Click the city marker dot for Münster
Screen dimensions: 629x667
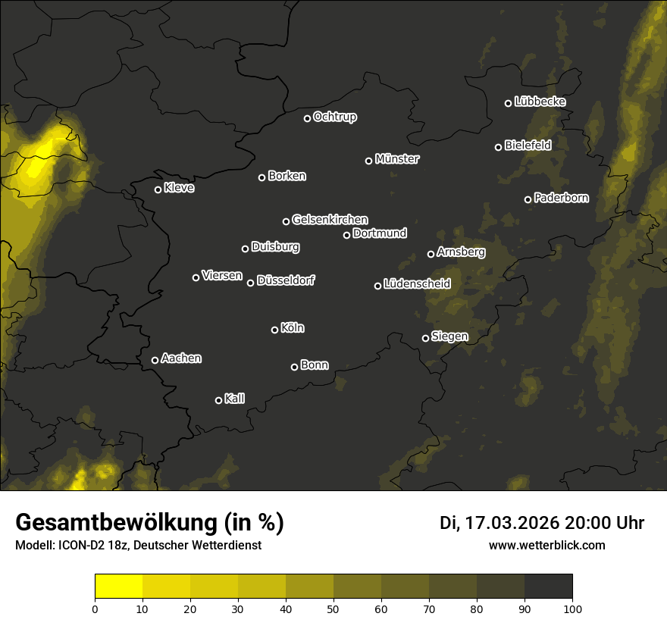(369, 161)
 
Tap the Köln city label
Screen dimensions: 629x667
(293, 328)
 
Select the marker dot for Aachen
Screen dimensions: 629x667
(155, 360)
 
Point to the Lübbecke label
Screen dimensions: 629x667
(540, 102)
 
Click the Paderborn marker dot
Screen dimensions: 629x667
(528, 199)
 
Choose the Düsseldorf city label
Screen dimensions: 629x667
(286, 280)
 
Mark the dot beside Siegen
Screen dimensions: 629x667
(425, 338)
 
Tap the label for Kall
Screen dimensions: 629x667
(235, 399)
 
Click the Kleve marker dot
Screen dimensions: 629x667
(158, 189)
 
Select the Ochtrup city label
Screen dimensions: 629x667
(335, 117)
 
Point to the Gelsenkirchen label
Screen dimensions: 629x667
(330, 220)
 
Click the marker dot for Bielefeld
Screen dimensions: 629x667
(499, 147)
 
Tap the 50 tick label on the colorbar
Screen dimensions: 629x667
(333, 608)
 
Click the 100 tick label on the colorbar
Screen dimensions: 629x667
(572, 608)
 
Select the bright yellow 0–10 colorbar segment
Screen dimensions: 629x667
(119, 587)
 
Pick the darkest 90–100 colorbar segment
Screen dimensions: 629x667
(548, 587)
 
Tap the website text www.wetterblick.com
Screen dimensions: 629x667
(547, 545)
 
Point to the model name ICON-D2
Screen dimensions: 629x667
(78, 546)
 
